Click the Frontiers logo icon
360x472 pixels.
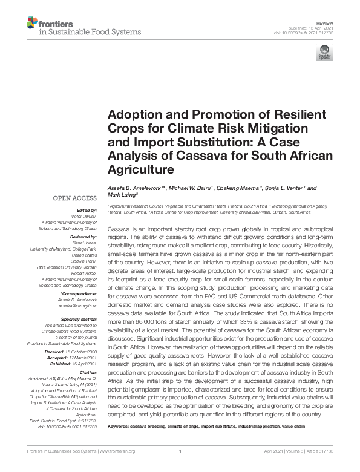tap(31, 25)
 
